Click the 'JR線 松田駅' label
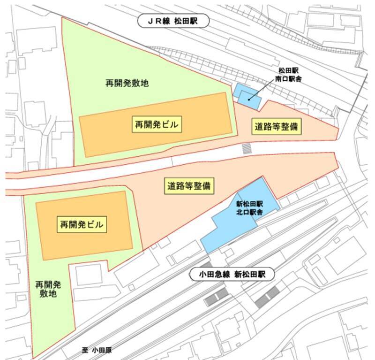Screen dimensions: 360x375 174,21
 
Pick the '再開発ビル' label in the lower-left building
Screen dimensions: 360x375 81,224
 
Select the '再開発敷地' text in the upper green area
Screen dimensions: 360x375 127,84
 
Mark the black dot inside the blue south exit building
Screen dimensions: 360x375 248,99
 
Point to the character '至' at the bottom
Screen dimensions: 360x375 84,350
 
